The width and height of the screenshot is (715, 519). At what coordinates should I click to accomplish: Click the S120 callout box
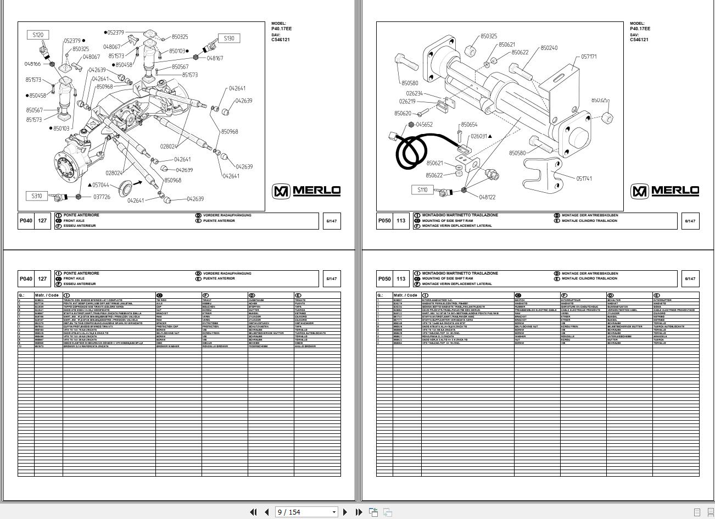pos(38,35)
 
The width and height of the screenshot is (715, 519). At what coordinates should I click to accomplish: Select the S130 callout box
pos(229,38)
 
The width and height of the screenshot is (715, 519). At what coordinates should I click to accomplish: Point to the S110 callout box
pos(422,190)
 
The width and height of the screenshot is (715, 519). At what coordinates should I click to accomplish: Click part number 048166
pos(32,64)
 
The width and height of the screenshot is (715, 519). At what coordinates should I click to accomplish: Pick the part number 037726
pos(102,197)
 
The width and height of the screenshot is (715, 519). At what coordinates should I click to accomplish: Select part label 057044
pos(100,186)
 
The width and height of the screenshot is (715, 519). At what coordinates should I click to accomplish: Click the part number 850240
pos(549,48)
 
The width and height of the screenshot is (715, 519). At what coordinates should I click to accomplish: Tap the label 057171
pos(589,57)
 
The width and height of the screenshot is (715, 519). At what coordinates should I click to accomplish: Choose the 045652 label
pos(424,125)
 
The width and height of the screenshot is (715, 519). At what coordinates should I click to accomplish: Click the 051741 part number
pos(584,178)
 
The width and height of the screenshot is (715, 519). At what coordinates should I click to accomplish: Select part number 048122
pos(487,197)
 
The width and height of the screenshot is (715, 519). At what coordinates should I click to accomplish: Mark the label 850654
pos(469,125)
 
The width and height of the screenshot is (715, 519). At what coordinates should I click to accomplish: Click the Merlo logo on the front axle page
pos(306,191)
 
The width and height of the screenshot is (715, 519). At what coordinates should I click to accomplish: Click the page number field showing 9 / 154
pos(305,512)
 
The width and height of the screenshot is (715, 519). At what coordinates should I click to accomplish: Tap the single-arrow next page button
pos(345,512)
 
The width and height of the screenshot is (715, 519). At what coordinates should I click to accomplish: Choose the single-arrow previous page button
pos(266,512)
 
